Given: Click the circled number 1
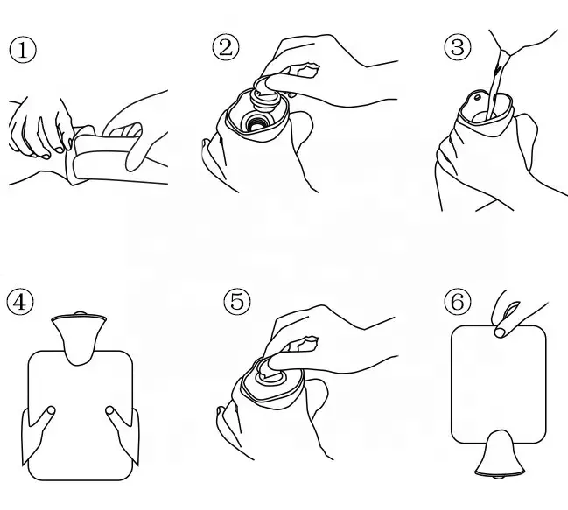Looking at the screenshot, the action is coord(23,50).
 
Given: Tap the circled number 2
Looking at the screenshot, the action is coord(226,47).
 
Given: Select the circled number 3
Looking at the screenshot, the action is coord(458,47).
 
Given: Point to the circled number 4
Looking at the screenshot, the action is coord(20,302).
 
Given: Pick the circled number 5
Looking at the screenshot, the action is coord(237,302).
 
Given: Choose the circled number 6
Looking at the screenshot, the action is coord(458,302).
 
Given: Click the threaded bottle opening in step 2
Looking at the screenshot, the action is coord(256,122).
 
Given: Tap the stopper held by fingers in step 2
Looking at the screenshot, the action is coord(267,94).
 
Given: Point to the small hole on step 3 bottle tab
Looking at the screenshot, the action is coord(478,97).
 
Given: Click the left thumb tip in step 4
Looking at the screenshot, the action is coord(51,410).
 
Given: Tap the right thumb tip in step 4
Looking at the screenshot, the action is coord(109,410).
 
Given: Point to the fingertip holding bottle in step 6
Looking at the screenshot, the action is coord(500,332).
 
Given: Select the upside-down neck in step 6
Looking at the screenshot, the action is coord(500,453).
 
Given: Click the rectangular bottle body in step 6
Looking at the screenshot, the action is coord(499,384).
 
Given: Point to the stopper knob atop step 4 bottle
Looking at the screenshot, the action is coord(80,313).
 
